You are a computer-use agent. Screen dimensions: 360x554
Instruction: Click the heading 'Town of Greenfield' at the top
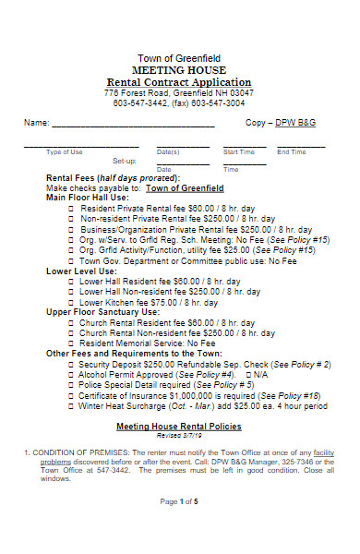pos(179,58)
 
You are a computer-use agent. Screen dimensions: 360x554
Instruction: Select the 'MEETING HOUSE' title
pos(179,70)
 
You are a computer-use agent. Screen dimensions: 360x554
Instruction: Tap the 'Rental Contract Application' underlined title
pos(179,82)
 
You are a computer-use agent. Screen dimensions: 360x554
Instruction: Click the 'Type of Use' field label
pos(65,151)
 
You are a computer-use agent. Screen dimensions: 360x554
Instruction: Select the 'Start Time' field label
pos(239,151)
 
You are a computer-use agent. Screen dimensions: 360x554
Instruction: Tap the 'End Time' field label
pos(292,151)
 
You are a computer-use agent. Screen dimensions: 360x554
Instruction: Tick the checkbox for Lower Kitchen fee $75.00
pos(72,302)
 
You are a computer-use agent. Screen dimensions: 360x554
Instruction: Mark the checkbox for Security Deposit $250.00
pos(72,364)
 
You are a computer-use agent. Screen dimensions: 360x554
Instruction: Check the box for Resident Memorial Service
pos(72,343)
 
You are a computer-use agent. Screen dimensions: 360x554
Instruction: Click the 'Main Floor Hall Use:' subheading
pos(88,198)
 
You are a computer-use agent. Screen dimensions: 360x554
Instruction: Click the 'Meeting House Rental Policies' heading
pos(178,426)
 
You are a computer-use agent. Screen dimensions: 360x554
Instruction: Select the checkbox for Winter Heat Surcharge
pos(72,404)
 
